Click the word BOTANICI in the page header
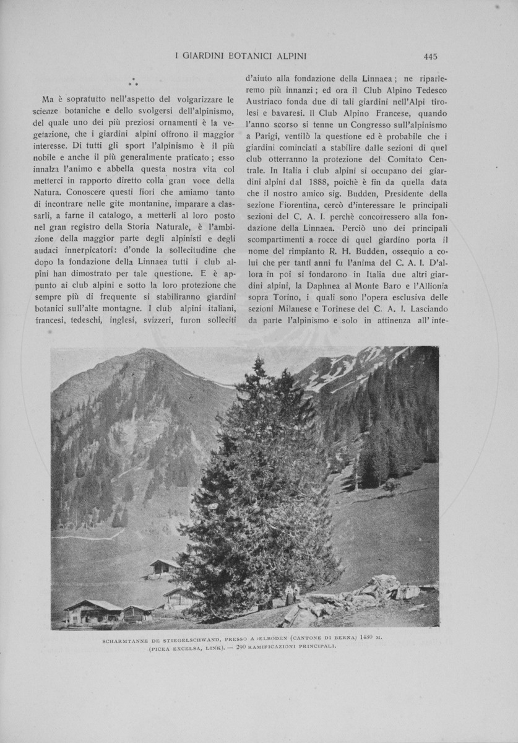(x=251, y=56)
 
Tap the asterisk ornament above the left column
(x=133, y=82)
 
